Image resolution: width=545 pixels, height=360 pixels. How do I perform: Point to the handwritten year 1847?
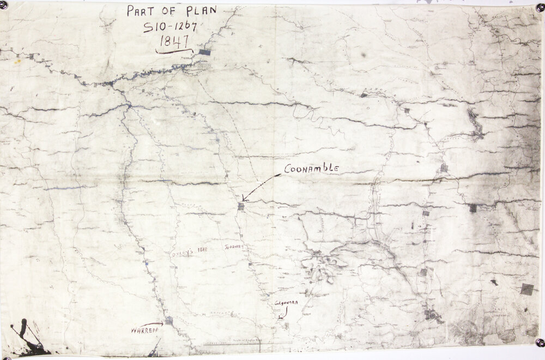click(174, 41)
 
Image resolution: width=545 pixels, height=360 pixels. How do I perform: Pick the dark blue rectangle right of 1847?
click(205, 52)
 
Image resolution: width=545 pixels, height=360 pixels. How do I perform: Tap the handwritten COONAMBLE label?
click(312, 169)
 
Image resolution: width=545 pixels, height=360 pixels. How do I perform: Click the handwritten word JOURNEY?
click(232, 247)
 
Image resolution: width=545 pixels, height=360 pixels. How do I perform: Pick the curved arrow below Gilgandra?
click(282, 313)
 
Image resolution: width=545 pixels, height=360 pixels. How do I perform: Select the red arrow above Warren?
click(152, 324)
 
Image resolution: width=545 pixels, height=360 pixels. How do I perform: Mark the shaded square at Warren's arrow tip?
click(169, 321)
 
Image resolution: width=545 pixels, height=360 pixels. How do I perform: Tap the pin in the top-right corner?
click(540, 8)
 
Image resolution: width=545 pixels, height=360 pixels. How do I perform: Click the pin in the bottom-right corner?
click(540, 343)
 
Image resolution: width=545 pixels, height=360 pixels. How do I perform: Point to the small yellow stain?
click(18, 61)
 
